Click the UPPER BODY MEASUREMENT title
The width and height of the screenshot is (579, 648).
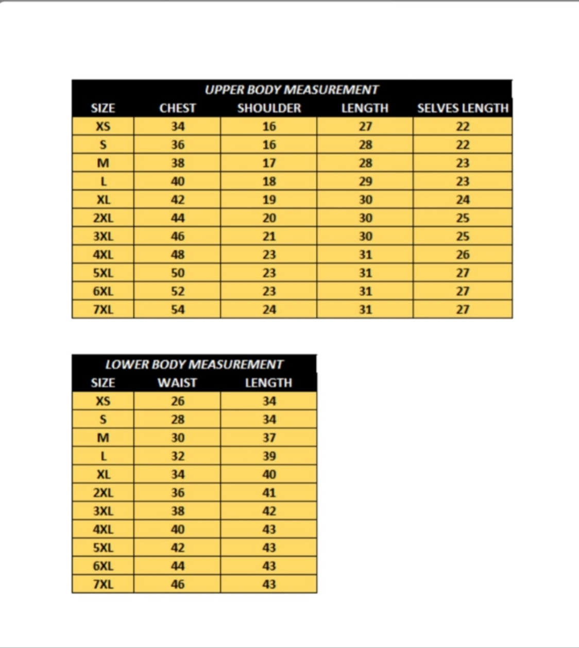(292, 90)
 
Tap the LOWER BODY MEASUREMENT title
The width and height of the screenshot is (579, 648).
(194, 364)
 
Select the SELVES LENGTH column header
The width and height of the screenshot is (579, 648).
(463, 108)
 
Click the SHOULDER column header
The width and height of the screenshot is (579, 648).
(269, 108)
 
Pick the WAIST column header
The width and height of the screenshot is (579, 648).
(177, 383)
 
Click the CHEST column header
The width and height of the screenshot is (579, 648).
(177, 108)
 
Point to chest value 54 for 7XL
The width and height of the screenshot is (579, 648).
(178, 310)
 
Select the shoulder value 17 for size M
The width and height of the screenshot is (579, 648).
(269, 163)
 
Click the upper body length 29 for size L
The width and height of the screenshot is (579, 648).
(365, 181)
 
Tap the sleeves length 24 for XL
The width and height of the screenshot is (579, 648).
(463, 200)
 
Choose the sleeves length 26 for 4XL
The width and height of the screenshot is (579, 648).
(463, 255)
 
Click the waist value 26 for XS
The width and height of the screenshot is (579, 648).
(178, 401)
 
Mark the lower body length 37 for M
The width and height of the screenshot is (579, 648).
(269, 438)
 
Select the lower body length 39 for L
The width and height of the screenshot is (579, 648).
(269, 456)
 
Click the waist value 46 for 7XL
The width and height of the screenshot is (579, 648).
(178, 585)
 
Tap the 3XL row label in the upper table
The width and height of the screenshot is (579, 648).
(103, 237)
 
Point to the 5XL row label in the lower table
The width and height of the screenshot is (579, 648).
(103, 548)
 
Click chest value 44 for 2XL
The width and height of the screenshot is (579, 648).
(178, 218)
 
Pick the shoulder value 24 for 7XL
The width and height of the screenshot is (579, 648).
(269, 310)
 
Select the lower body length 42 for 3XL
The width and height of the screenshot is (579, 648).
(269, 511)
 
